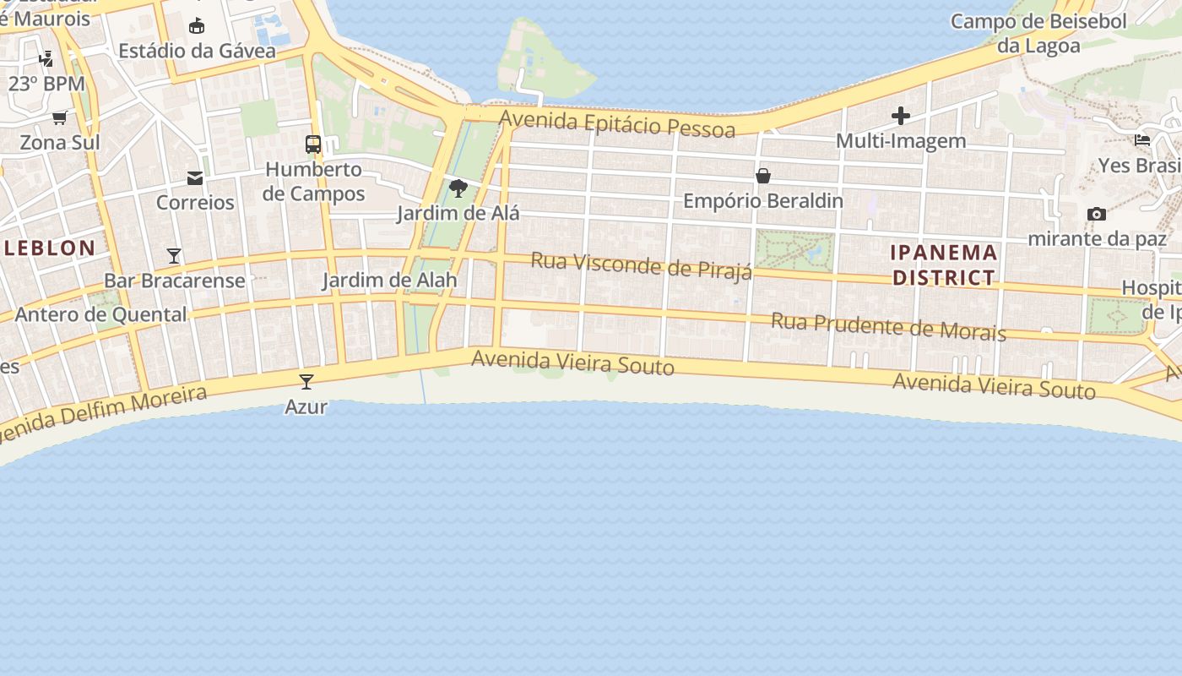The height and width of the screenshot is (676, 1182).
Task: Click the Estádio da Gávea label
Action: click(197, 51)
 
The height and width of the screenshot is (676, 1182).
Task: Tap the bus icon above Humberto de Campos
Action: click(313, 144)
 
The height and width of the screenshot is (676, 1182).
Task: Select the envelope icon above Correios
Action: click(195, 177)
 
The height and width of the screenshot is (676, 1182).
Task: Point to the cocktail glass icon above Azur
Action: click(306, 382)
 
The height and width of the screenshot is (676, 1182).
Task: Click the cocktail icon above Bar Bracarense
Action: click(174, 255)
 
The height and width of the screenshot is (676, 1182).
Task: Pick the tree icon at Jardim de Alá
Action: click(458, 188)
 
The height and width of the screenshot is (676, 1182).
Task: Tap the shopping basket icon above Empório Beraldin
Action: click(763, 176)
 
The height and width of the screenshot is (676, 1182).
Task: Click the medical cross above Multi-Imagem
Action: click(901, 116)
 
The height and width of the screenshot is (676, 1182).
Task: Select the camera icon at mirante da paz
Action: click(1097, 214)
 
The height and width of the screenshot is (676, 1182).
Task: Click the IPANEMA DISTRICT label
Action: click(945, 264)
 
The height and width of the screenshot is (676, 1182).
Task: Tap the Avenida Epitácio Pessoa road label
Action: click(617, 124)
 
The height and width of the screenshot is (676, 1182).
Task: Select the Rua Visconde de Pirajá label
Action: click(641, 264)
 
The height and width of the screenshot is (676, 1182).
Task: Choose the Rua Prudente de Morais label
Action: click(888, 327)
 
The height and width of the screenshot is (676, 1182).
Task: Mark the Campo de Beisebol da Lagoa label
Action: click(1038, 33)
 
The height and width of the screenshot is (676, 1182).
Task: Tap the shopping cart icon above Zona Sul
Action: click(59, 117)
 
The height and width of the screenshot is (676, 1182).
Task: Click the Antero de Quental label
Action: click(101, 314)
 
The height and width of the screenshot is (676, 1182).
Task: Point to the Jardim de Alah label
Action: click(389, 280)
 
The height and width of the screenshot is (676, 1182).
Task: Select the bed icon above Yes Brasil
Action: click(1142, 139)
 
